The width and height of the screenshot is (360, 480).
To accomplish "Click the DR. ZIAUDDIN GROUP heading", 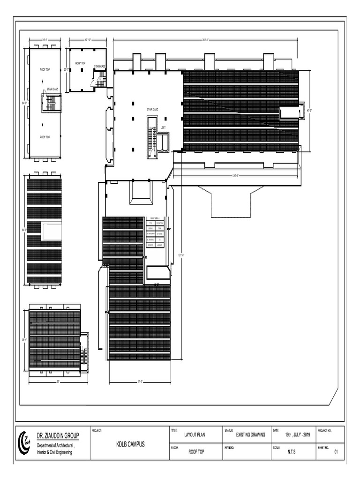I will point(58,435).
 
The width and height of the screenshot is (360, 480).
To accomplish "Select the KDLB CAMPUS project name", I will point(131,443).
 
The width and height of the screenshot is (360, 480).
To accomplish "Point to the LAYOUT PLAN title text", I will point(195,435).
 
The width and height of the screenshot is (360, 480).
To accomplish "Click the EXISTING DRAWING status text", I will point(250,435).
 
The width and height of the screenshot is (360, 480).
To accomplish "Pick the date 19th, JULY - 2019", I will point(298,435).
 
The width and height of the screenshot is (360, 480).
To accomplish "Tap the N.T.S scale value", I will point(291,452).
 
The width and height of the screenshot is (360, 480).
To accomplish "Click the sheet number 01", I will point(336,452).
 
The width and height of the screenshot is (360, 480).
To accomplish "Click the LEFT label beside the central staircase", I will point(163,127).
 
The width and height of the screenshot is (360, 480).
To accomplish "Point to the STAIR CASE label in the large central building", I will point(152,109).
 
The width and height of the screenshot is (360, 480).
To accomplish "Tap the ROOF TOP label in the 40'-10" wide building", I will point(80,63).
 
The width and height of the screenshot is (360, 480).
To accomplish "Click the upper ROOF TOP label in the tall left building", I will point(45,69).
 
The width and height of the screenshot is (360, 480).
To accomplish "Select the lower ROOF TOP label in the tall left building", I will point(45,137).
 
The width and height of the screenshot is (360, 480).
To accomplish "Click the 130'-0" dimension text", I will point(235,176).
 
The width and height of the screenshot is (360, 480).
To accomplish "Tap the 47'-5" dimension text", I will point(309,111).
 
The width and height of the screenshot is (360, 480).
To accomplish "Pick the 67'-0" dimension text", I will point(140,381).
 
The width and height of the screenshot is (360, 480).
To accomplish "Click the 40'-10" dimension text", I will point(88,40).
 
